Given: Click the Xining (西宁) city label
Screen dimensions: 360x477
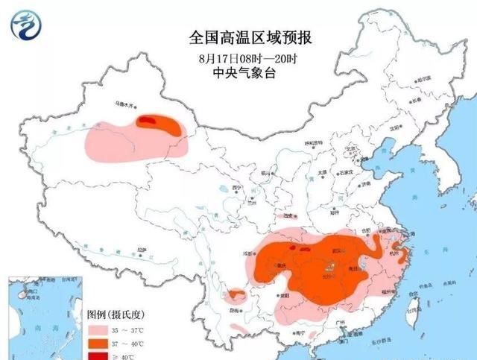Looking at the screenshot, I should pyautogui.click(x=237, y=188).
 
